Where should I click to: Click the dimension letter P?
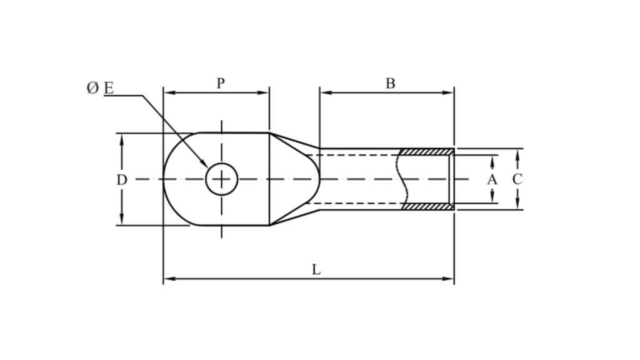coord(221,83)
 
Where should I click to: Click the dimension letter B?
coord(390,83)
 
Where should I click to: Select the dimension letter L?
coord(316,269)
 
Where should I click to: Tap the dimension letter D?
coord(122,180)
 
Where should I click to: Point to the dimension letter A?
coord(492,179)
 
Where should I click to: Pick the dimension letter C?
coord(517,179)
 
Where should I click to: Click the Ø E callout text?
coord(100,88)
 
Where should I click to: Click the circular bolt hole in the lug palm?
coord(221,179)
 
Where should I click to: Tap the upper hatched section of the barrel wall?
coord(427,152)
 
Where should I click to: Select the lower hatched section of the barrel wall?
coord(427,206)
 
